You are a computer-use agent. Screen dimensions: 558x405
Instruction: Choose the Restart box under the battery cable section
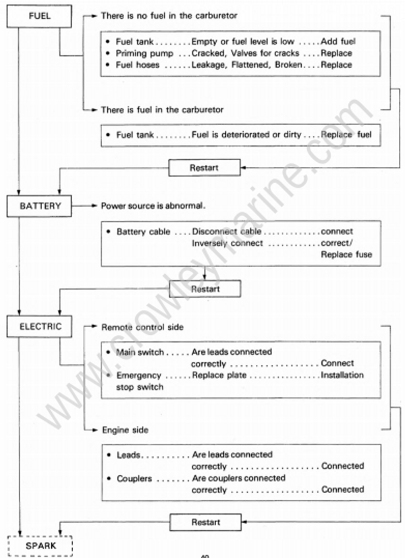pyautogui.click(x=205, y=288)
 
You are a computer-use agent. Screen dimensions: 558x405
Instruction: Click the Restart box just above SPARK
pyautogui.click(x=204, y=522)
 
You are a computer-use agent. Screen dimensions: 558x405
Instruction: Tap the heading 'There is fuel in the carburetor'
pyautogui.click(x=162, y=109)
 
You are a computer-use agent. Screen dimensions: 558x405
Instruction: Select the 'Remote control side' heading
pyautogui.click(x=141, y=327)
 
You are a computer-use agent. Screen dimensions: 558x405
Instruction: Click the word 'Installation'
pyautogui.click(x=342, y=375)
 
